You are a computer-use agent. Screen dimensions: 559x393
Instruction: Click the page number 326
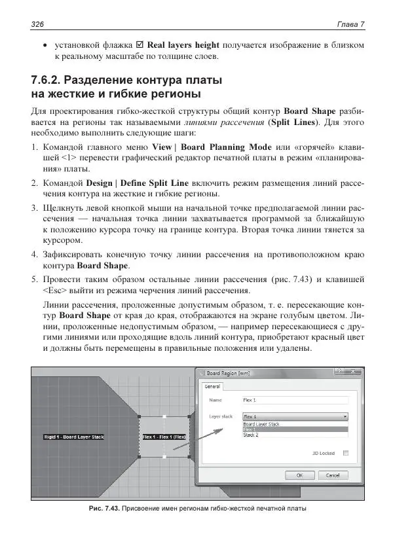[38, 24]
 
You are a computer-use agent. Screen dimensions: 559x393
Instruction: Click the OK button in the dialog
[299, 475]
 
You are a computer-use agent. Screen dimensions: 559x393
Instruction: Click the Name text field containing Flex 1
[294, 399]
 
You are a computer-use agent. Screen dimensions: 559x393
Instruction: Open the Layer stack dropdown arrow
[345, 416]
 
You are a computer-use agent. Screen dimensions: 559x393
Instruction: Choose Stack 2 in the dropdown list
[252, 435]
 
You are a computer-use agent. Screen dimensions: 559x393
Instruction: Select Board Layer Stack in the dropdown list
[261, 424]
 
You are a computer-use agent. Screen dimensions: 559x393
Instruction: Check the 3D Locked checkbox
[346, 452]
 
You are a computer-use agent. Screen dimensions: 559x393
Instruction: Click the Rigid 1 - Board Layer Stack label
[74, 437]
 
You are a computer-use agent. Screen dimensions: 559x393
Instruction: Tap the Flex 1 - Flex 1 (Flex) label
[164, 437]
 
